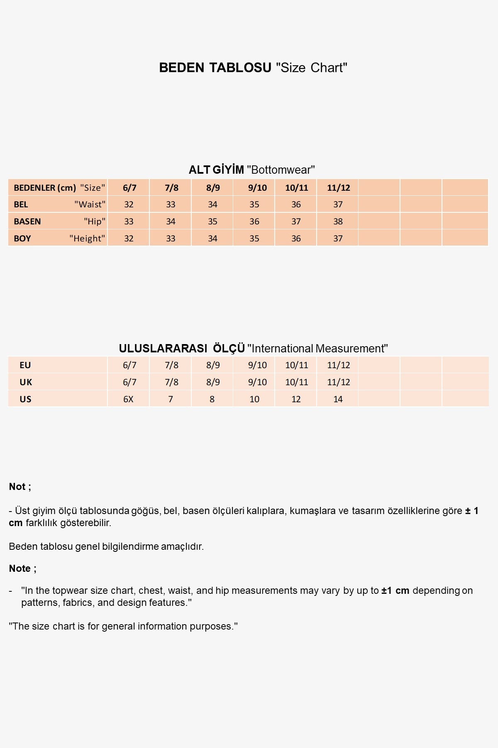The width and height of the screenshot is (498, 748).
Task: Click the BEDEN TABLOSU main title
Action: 253,68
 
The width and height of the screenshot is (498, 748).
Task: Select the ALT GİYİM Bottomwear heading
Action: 251,170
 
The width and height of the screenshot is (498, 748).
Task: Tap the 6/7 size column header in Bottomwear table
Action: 129,188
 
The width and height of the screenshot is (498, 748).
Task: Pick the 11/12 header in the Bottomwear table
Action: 338,188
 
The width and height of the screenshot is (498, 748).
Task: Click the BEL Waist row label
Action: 59,204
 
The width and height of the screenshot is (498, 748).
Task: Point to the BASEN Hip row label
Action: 59,221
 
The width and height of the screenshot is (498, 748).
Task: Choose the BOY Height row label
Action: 59,239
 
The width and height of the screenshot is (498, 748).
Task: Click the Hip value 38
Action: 338,221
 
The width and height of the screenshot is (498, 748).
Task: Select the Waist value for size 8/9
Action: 212,204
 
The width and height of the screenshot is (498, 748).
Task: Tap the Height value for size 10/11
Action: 296,239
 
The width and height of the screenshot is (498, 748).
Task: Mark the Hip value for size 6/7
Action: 129,221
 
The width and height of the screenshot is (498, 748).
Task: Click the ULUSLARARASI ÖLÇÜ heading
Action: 253,348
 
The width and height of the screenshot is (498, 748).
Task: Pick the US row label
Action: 25,399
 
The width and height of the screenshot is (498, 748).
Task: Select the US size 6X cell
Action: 128,399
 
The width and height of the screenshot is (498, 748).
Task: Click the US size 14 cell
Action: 338,399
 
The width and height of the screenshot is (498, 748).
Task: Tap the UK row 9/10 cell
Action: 257,382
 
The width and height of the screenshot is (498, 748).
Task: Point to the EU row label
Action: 25,365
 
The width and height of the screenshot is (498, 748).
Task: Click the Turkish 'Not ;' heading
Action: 20,487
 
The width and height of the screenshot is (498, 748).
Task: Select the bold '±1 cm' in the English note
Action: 395,591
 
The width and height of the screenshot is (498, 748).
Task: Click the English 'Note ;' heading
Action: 23,568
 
